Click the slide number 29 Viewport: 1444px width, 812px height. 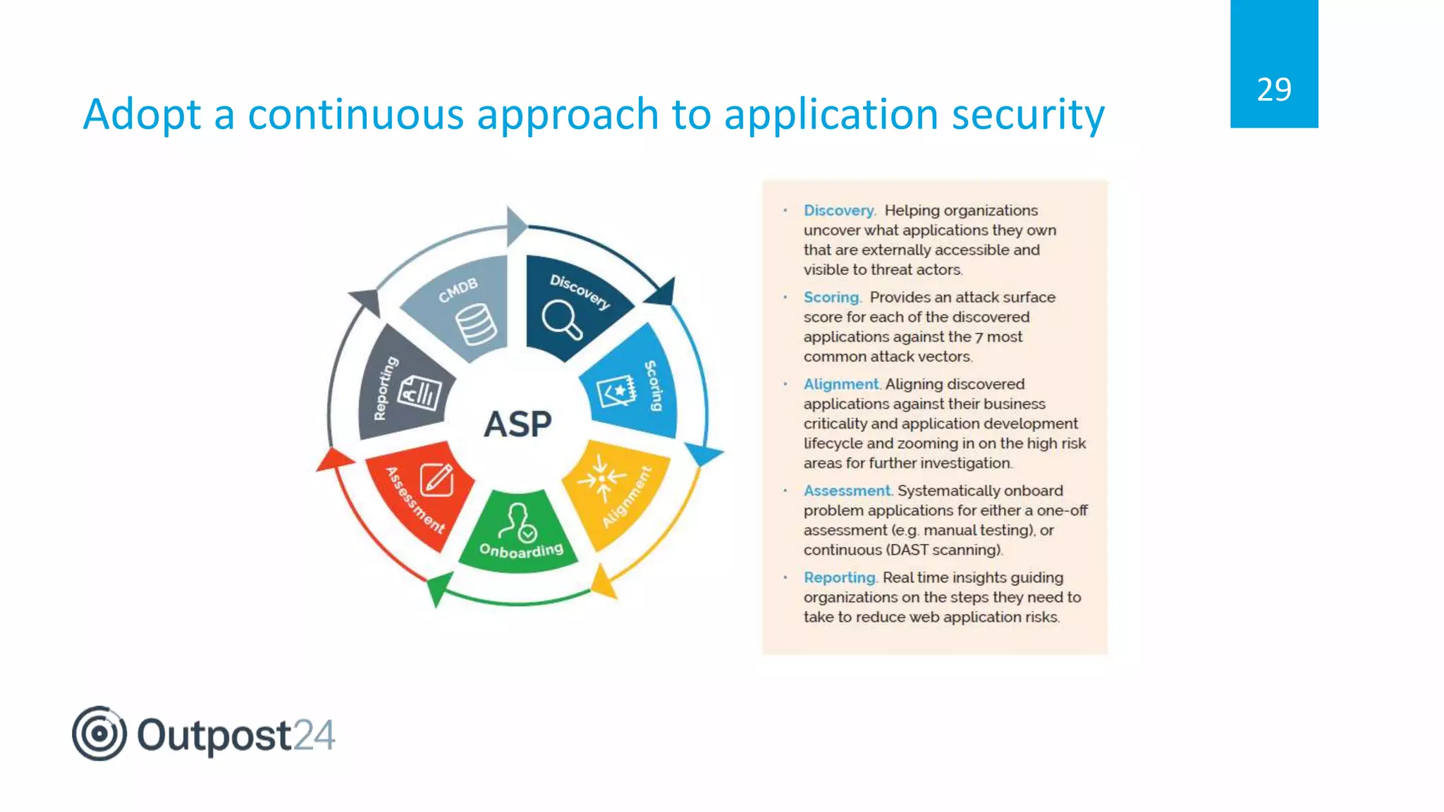pos(1273,90)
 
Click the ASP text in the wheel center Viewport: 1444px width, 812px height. pos(518,424)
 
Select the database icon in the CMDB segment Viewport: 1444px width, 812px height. pos(475,324)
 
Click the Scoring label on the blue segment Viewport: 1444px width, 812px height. pos(654,386)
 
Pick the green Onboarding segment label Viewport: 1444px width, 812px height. pos(521,550)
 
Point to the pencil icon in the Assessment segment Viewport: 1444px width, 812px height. pos(437,479)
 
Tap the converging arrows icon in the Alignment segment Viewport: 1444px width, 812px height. pos(601,479)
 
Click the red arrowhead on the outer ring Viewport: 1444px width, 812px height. pos(334,460)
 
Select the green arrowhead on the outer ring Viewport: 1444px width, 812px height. pos(439,587)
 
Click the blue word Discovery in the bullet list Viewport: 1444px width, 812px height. pos(838,211)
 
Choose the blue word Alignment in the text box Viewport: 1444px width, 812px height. pos(841,384)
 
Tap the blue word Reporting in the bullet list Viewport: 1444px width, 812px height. pos(839,577)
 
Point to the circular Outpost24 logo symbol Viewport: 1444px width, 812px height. pos(99,733)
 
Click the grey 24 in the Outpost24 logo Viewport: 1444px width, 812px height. pos(314,736)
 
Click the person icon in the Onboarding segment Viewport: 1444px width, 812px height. pos(518,521)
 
